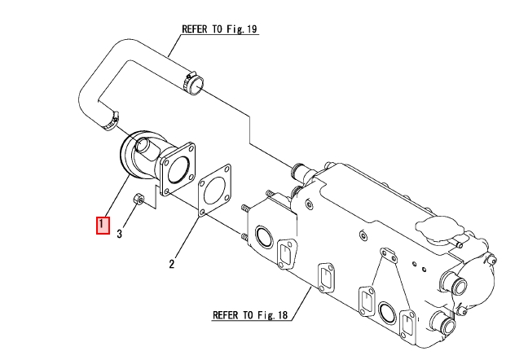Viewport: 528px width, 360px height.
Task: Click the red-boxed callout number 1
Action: (x=103, y=224)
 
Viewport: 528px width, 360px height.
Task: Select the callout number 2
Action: (x=172, y=263)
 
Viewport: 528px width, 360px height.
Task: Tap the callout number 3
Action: (x=119, y=235)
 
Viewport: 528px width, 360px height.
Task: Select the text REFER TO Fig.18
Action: (x=250, y=314)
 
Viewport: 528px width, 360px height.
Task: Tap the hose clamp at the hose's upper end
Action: (x=193, y=82)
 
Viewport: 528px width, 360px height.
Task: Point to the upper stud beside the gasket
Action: (x=245, y=210)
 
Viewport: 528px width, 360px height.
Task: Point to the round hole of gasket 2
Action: (x=214, y=192)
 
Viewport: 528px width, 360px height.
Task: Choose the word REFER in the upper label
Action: (x=193, y=28)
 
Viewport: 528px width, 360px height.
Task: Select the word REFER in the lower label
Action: (x=225, y=314)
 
